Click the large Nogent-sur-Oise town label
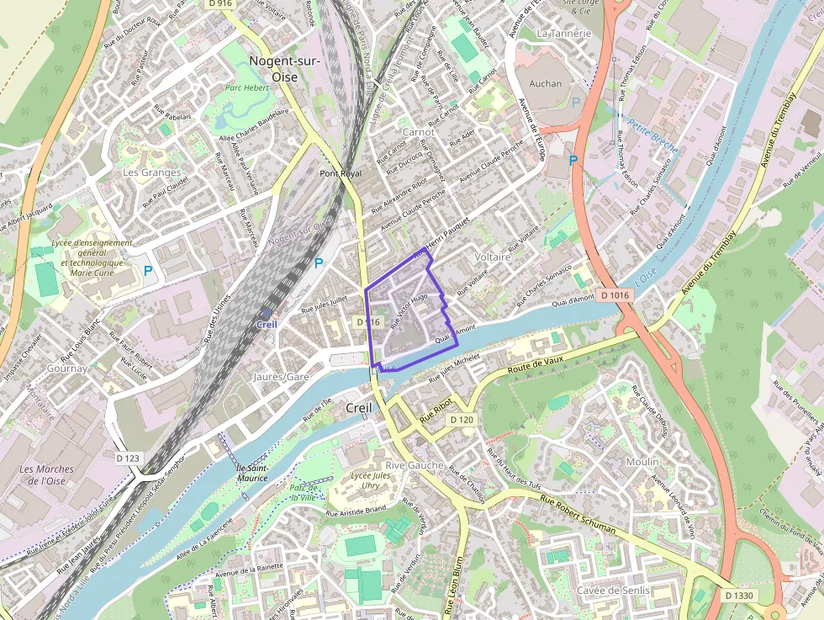(x=285, y=67)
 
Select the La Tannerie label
(x=563, y=34)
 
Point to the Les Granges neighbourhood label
(x=151, y=172)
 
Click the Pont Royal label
(x=341, y=173)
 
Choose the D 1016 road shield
(x=615, y=295)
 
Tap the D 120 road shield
(x=462, y=419)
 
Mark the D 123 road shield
(x=127, y=457)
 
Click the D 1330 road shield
(x=741, y=596)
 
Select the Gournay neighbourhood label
(x=67, y=368)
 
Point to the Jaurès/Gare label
(x=281, y=377)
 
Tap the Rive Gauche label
(x=414, y=465)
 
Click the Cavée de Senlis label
(x=613, y=591)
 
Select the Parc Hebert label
(x=246, y=87)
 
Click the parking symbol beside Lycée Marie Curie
(x=148, y=271)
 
